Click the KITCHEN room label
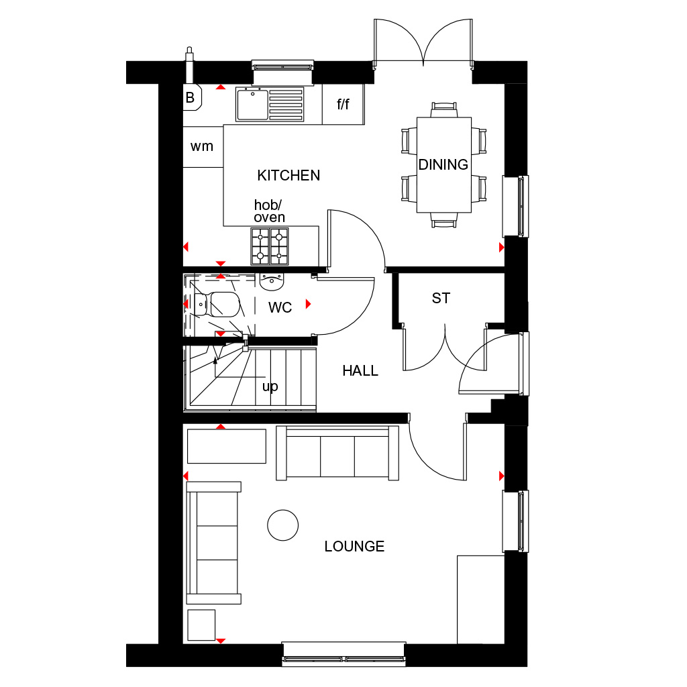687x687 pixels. click(x=288, y=176)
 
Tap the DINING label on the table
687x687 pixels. click(x=443, y=164)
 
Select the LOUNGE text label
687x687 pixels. click(x=354, y=547)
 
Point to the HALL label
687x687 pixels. click(x=360, y=371)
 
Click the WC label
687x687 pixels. click(x=280, y=308)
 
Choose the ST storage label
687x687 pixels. click(x=441, y=299)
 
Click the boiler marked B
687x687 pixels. click(x=190, y=98)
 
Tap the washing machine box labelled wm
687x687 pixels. click(x=202, y=146)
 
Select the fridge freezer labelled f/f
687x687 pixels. click(x=343, y=105)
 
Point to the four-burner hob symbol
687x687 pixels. click(x=269, y=246)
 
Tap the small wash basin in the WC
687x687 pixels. click(x=272, y=282)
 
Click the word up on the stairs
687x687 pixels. click(x=270, y=387)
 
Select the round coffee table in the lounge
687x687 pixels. click(x=282, y=525)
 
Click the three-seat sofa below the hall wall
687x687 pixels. click(x=337, y=454)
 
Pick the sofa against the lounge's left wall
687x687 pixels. click(x=213, y=542)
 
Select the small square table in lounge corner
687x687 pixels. click(x=201, y=625)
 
